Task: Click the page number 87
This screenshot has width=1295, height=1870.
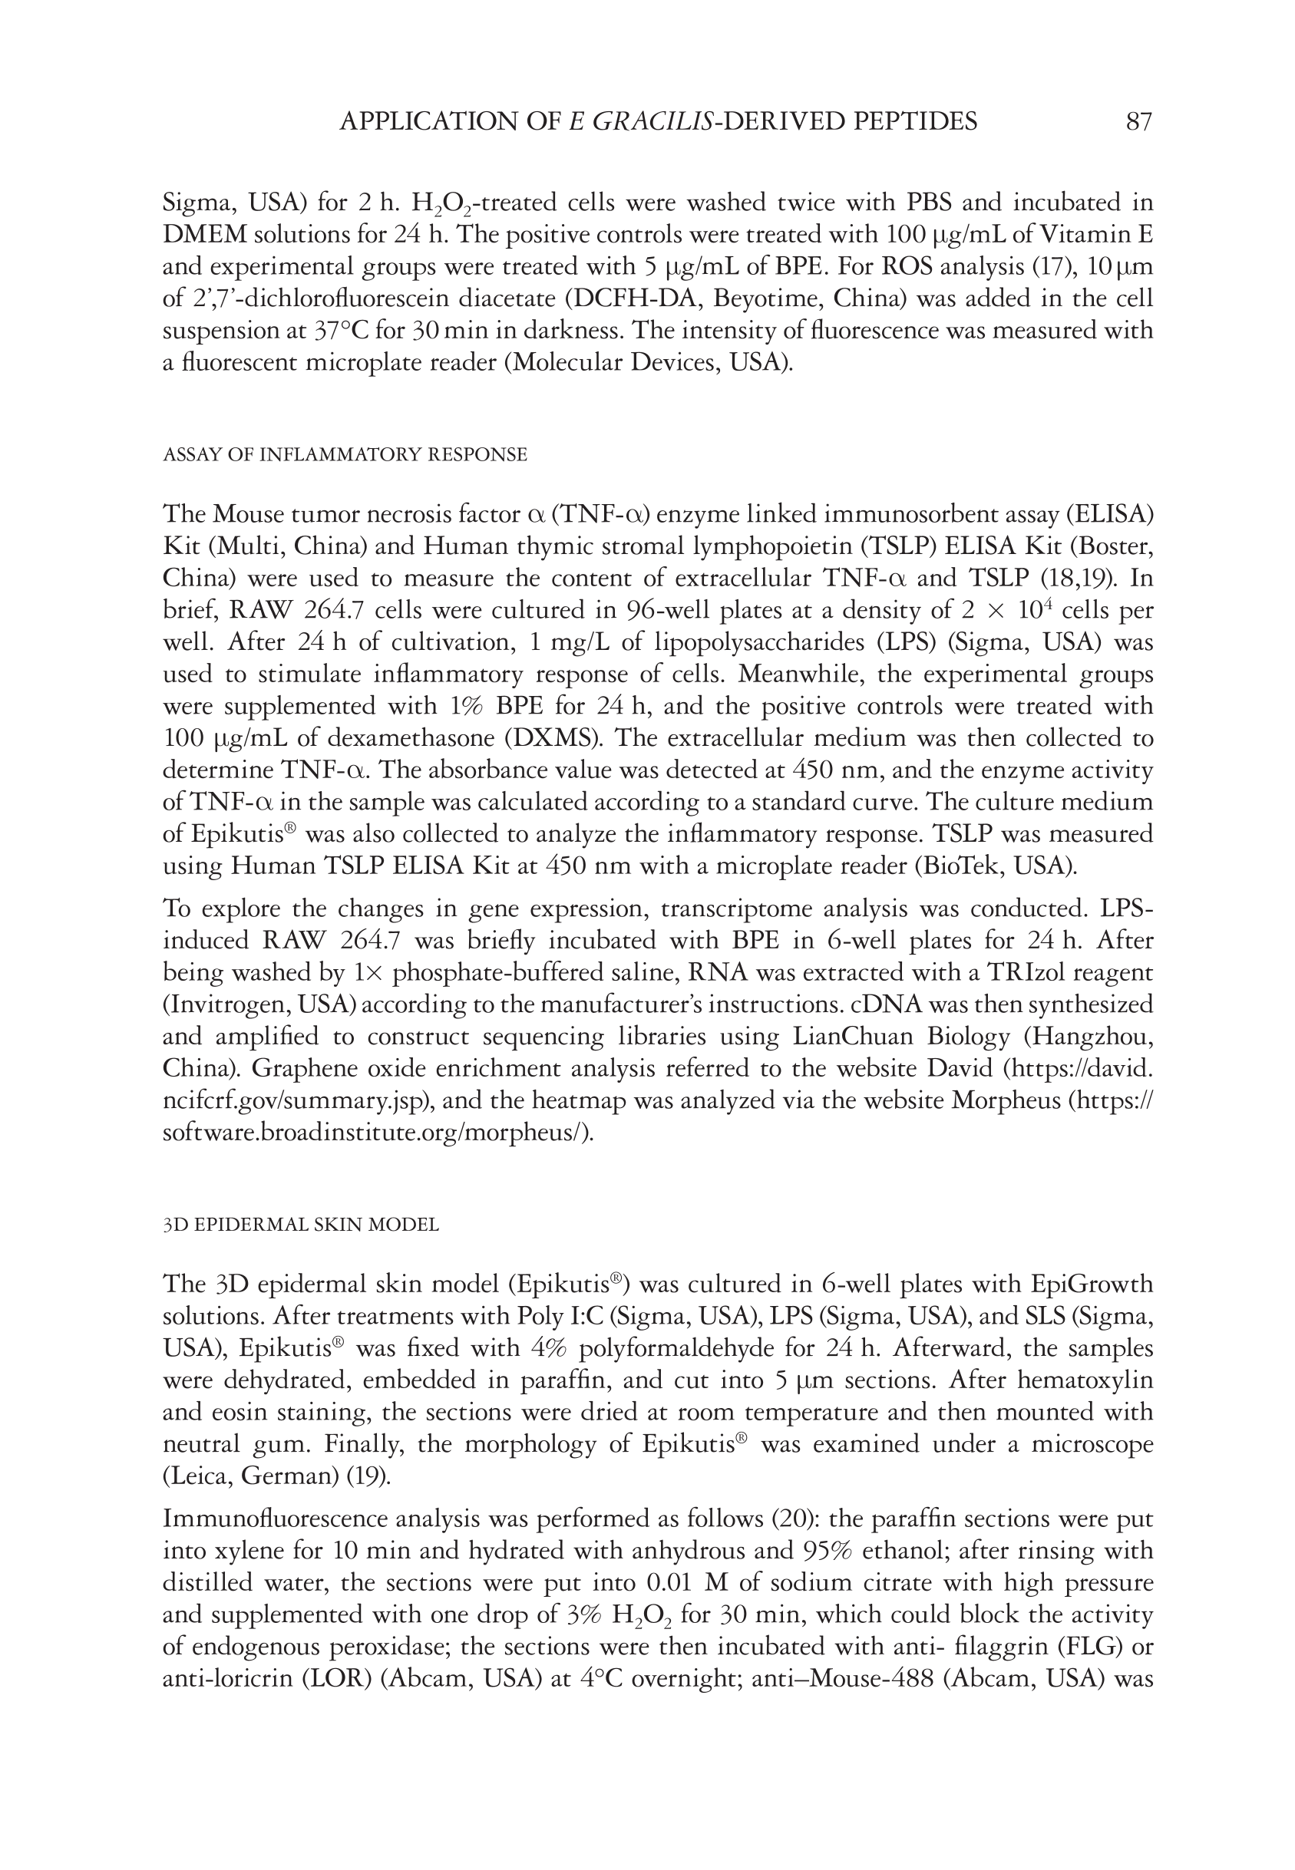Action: [x=1138, y=122]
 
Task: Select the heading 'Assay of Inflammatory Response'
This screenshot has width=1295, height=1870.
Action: [x=345, y=455]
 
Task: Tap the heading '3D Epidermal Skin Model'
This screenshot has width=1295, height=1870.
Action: [x=301, y=1225]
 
